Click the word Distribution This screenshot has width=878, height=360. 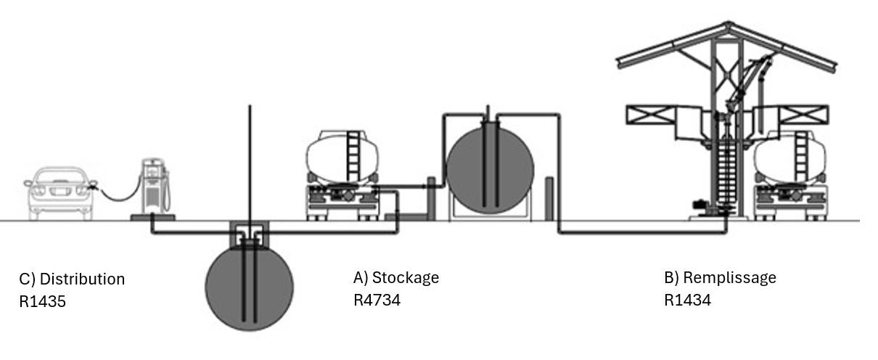(82, 279)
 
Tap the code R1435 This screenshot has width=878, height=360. (42, 301)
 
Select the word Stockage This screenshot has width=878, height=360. (406, 278)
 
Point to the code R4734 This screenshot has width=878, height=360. (377, 300)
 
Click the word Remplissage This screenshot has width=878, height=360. (729, 278)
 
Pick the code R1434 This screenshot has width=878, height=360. (687, 300)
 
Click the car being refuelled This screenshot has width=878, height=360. (60, 193)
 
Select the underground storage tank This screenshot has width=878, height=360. (250, 287)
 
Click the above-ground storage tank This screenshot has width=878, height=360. (491, 170)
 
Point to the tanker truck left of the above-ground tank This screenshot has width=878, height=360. (342, 176)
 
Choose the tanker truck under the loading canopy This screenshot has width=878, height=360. (789, 176)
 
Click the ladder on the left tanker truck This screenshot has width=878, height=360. (353, 157)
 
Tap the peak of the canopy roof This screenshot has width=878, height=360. (729, 22)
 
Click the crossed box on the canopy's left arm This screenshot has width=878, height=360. (651, 115)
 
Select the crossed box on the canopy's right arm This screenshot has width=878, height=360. (803, 115)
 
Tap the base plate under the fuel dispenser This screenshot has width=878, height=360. (153, 217)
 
